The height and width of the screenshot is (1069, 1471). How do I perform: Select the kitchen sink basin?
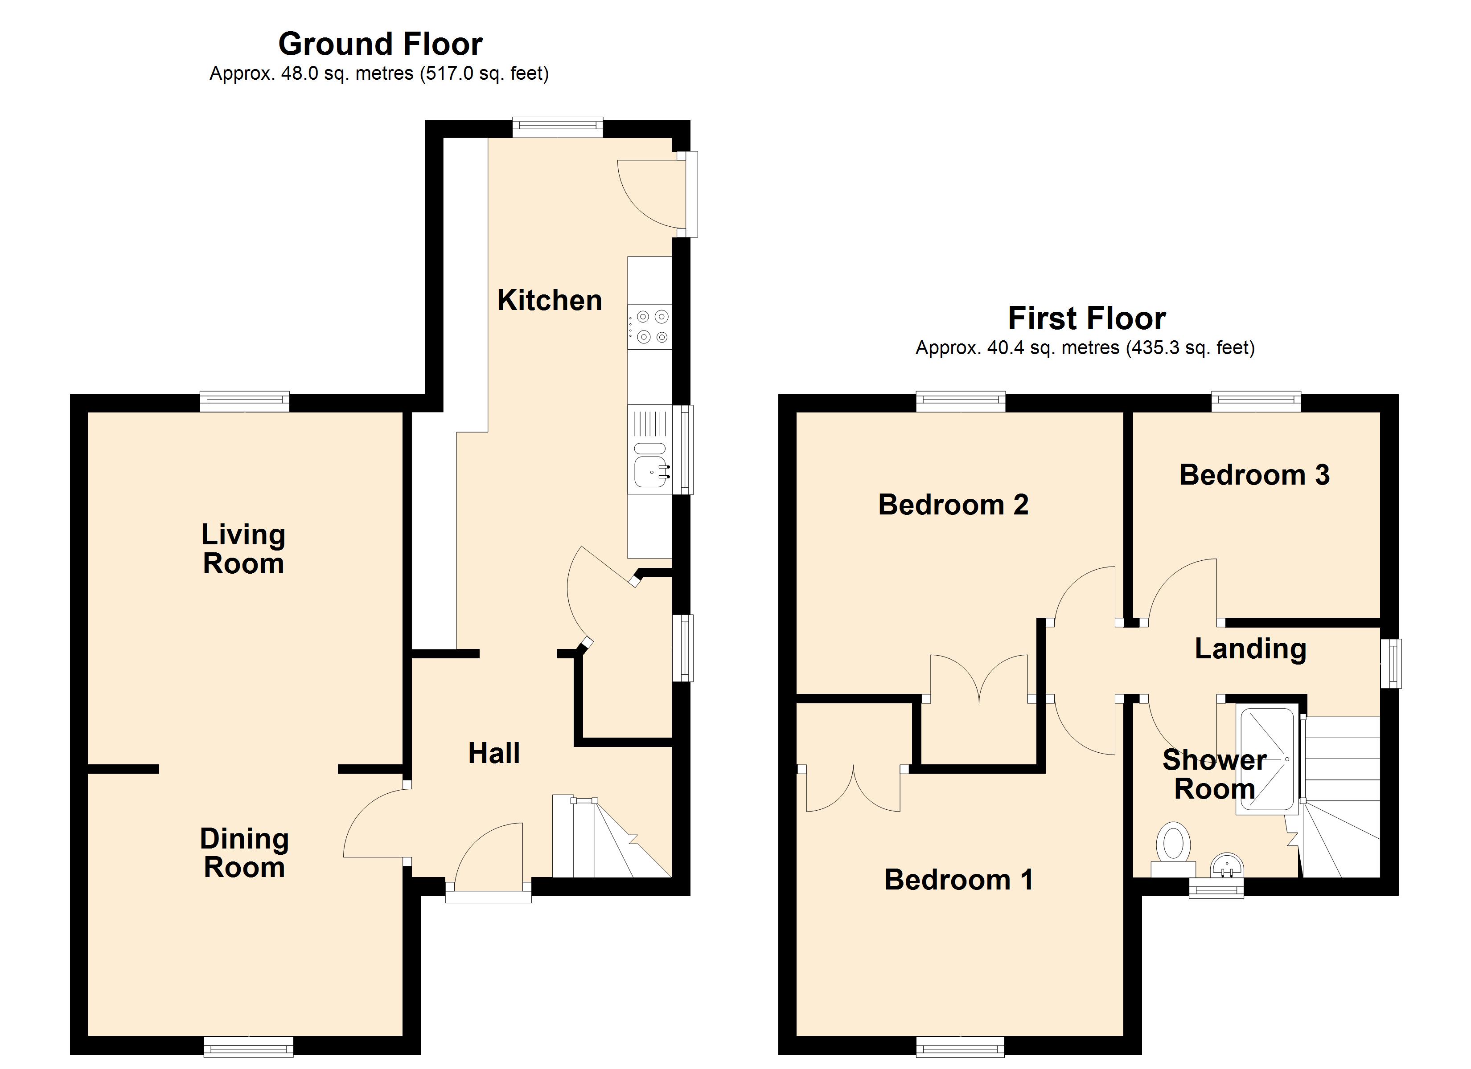click(650, 471)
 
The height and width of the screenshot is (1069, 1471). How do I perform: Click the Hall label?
click(494, 753)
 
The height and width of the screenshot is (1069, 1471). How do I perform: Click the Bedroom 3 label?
click(1254, 475)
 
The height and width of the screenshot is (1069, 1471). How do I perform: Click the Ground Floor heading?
click(380, 45)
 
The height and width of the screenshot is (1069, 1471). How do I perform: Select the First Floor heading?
click(1087, 319)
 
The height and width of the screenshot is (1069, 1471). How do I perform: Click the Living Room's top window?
click(245, 402)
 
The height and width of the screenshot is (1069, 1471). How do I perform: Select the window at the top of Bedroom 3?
click(1256, 402)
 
